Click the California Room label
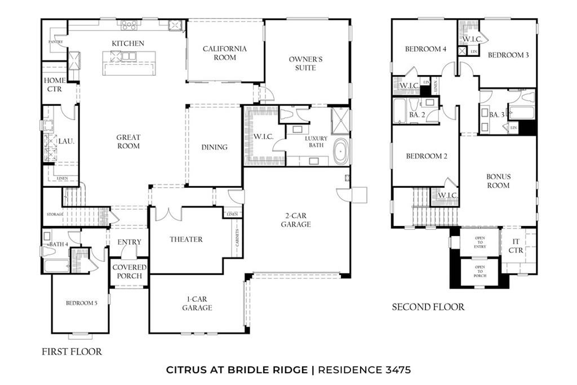coord(225,53)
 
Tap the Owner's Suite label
coord(305,63)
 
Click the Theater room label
coord(186,240)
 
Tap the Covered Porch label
coord(130,272)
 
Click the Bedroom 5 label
coord(82,303)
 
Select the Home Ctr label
coord(55,85)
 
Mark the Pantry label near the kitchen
coord(55,42)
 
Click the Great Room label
coord(128,141)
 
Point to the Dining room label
coord(214,147)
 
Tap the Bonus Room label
coord(498,180)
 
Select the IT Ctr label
coord(516,246)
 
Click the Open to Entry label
coord(480,242)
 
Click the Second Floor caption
coord(428,307)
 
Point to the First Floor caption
coord(72,352)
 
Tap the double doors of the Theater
coord(170,214)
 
